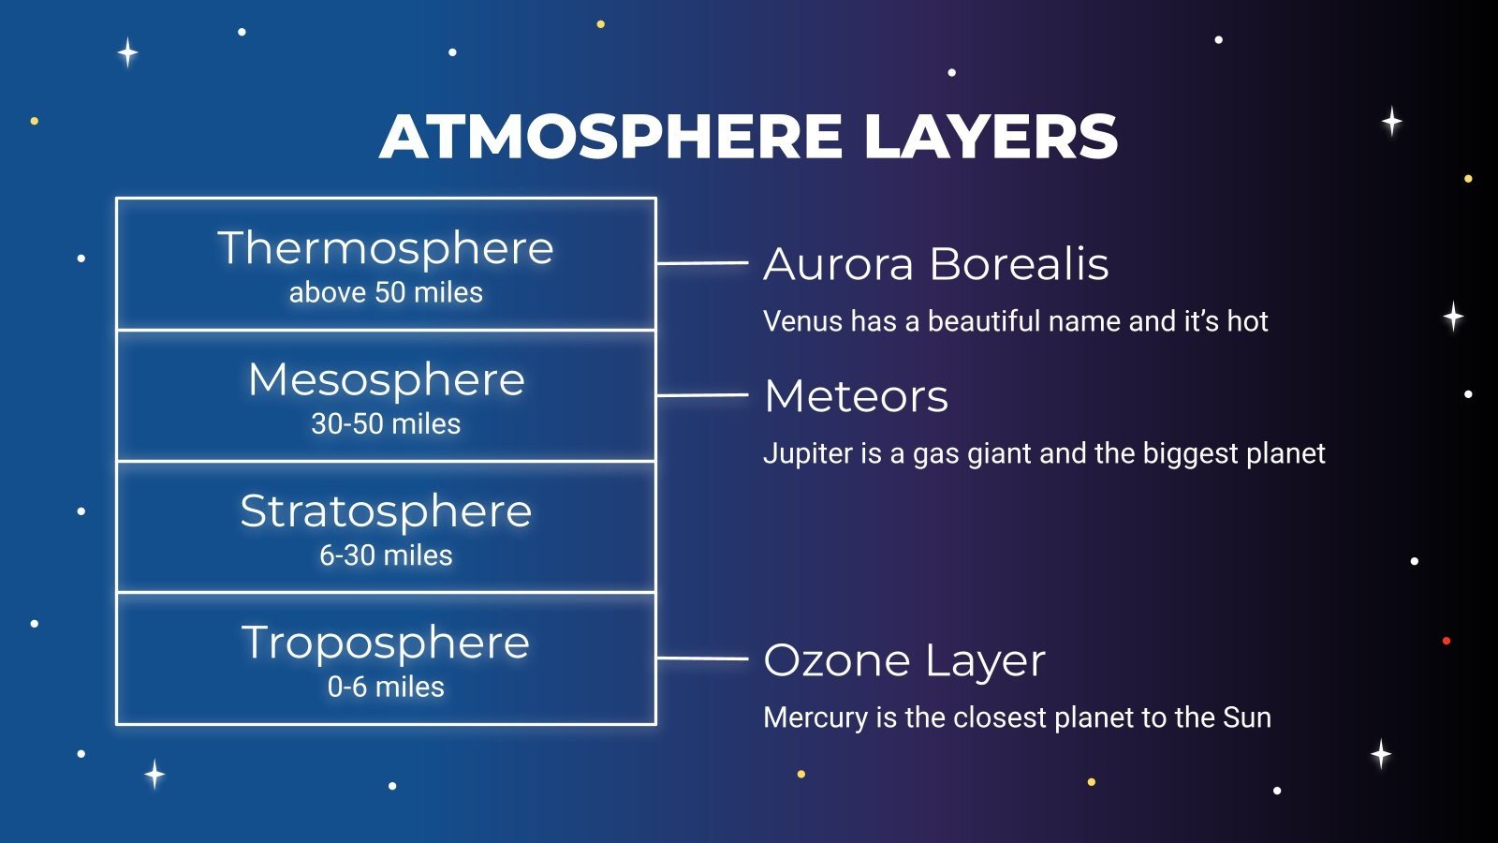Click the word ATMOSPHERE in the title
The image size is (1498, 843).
[611, 137]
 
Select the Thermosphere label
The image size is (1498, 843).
[386, 248]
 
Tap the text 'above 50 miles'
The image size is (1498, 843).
[386, 292]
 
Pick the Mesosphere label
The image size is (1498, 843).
[386, 379]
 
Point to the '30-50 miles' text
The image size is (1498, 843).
[386, 423]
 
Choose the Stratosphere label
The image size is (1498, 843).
[386, 511]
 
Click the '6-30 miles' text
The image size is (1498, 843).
[386, 555]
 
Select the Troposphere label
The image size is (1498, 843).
[386, 643]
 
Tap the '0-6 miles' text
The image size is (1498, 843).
[386, 687]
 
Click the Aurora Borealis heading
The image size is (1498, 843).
[936, 264]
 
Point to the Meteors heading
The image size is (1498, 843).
[856, 396]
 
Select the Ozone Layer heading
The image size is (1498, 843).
[903, 660]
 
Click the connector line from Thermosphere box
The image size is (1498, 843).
[702, 263]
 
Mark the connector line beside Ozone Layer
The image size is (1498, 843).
[702, 658]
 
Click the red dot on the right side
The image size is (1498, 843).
[1447, 641]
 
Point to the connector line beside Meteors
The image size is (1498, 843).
[702, 395]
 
